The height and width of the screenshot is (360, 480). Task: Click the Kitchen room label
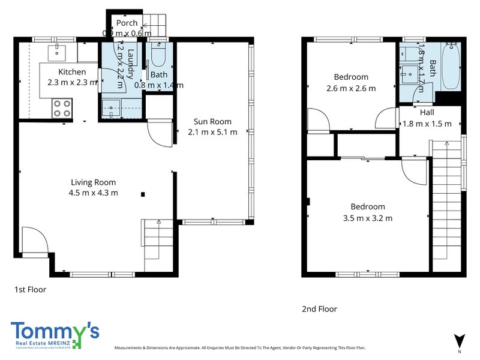tap(68, 72)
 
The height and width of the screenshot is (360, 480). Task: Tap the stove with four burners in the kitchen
tap(62, 108)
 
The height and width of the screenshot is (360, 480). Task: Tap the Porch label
tap(127, 23)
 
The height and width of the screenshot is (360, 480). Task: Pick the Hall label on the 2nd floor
tap(427, 112)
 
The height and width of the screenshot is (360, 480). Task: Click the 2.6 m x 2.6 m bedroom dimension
tap(351, 88)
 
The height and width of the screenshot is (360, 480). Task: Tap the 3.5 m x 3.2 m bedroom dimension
tap(368, 218)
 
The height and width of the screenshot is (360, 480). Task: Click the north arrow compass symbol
tap(460, 340)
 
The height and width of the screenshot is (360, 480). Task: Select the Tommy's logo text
tap(55, 331)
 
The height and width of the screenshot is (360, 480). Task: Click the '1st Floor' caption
tap(30, 289)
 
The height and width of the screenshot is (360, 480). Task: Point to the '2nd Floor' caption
tap(319, 309)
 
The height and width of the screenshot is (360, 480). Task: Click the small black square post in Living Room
tap(143, 194)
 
